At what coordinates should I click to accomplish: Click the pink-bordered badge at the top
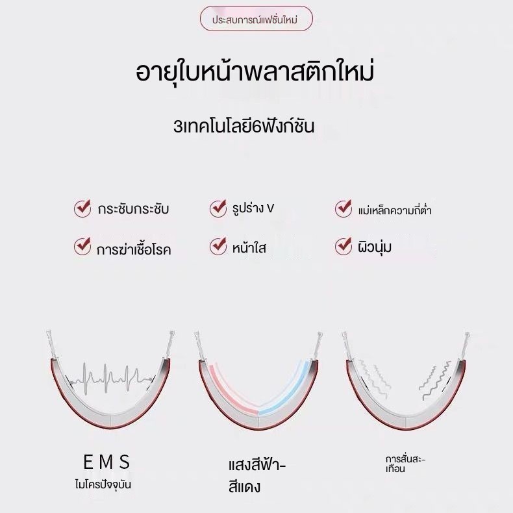[256, 18]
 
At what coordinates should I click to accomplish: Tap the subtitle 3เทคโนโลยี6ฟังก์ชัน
[244, 126]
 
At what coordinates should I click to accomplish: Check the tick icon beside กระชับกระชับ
[82, 208]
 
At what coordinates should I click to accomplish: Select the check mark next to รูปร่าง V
[218, 208]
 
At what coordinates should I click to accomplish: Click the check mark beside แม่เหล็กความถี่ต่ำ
[344, 208]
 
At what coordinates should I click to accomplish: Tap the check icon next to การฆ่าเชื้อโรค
[82, 246]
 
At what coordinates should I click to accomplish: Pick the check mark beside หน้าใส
[218, 246]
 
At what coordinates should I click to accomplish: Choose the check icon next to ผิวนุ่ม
[344, 246]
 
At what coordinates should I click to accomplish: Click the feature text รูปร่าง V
[253, 208]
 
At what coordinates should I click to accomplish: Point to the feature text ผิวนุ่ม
[375, 247]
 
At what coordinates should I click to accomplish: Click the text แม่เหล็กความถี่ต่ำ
[395, 209]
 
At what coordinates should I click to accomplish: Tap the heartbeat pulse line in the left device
[111, 379]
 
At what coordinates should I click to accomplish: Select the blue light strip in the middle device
[285, 390]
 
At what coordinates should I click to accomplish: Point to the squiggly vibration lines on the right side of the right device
[435, 380]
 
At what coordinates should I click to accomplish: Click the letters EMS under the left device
[106, 462]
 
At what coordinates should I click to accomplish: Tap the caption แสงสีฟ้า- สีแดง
[257, 477]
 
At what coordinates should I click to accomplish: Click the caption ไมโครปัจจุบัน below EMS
[103, 484]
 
